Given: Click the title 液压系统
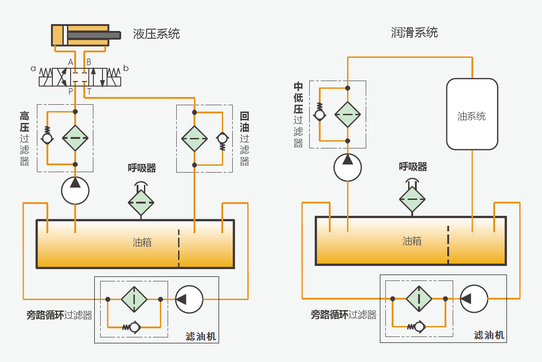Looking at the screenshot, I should click(x=156, y=34).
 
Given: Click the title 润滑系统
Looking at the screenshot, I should click(x=414, y=32).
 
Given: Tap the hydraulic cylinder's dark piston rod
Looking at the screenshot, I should click(x=94, y=35).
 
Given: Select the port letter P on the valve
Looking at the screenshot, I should click(x=71, y=92).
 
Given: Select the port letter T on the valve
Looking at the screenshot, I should click(x=89, y=92).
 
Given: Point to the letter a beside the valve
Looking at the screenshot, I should click(x=33, y=69).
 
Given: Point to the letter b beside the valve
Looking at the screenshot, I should click(x=126, y=69).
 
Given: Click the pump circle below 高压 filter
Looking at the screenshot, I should click(x=75, y=190).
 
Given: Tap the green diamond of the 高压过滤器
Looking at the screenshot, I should click(x=75, y=138).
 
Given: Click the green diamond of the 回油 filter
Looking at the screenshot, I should click(x=194, y=138).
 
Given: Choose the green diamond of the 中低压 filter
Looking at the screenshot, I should click(x=348, y=114).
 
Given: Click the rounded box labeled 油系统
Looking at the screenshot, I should click(x=472, y=114).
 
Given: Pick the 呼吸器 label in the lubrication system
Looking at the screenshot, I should click(x=413, y=167).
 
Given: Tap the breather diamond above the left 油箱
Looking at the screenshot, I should click(x=141, y=202).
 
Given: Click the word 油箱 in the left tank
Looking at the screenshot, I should click(x=142, y=242).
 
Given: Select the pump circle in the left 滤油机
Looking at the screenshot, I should click(x=189, y=299).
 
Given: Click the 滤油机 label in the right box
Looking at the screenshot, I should click(x=489, y=336).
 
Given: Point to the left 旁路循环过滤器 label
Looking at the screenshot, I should click(x=59, y=315).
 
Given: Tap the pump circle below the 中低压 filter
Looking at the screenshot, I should click(x=348, y=167).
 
